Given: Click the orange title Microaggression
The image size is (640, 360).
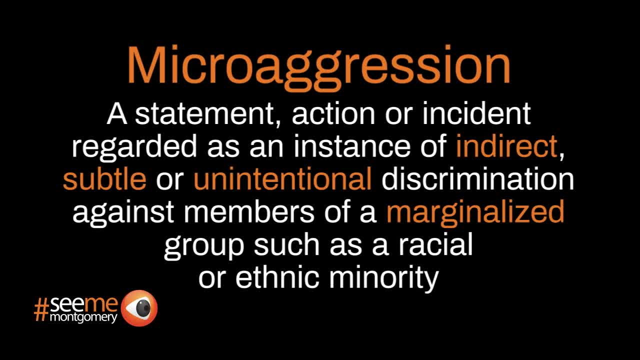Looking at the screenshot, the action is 318,67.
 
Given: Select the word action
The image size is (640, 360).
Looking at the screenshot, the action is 333,113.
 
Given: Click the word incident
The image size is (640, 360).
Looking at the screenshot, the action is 476,113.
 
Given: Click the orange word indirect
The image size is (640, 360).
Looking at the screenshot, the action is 506,146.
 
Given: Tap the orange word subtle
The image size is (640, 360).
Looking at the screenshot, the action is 104,179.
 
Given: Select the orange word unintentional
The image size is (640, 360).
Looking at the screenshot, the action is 282,179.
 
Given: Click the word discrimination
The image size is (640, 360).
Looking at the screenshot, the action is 477,179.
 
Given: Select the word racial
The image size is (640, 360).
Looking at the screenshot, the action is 435,244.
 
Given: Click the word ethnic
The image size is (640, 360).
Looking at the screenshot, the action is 277,277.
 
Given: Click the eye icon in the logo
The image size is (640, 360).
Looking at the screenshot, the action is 139,308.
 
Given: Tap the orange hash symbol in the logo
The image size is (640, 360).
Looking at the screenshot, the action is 41,310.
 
